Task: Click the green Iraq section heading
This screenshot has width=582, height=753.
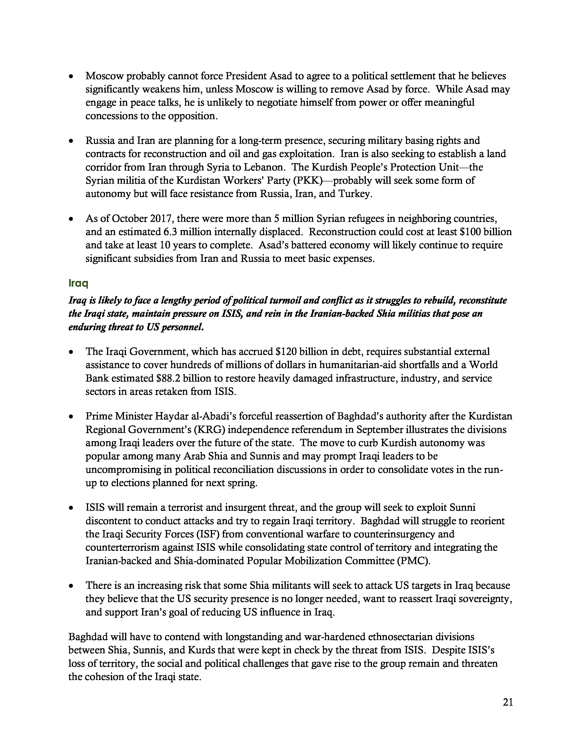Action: click(79, 283)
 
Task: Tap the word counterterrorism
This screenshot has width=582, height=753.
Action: click(122, 547)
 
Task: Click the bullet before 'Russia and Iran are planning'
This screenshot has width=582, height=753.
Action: click(71, 141)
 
